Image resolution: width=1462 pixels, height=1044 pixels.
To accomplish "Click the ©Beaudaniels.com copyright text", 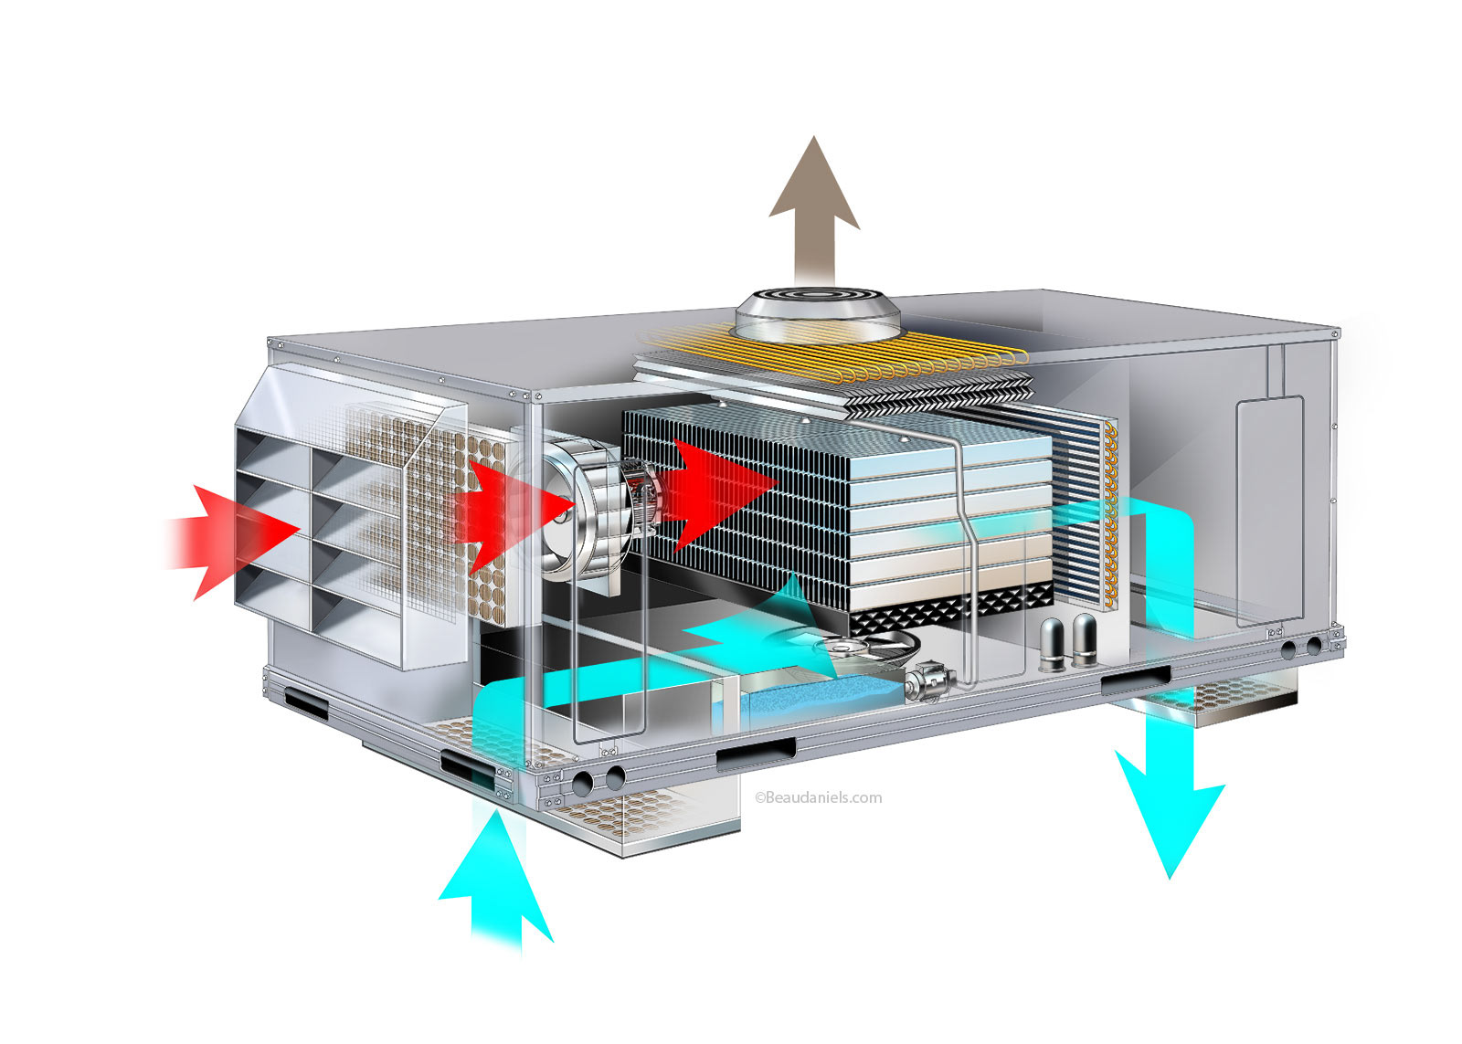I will tap(819, 797).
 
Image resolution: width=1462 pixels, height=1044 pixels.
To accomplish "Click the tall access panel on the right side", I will tap(1269, 511).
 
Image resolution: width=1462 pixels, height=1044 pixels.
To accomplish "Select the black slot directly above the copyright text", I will tap(756, 754).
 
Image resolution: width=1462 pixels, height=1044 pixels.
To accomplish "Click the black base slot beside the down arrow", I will tap(1135, 680).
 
